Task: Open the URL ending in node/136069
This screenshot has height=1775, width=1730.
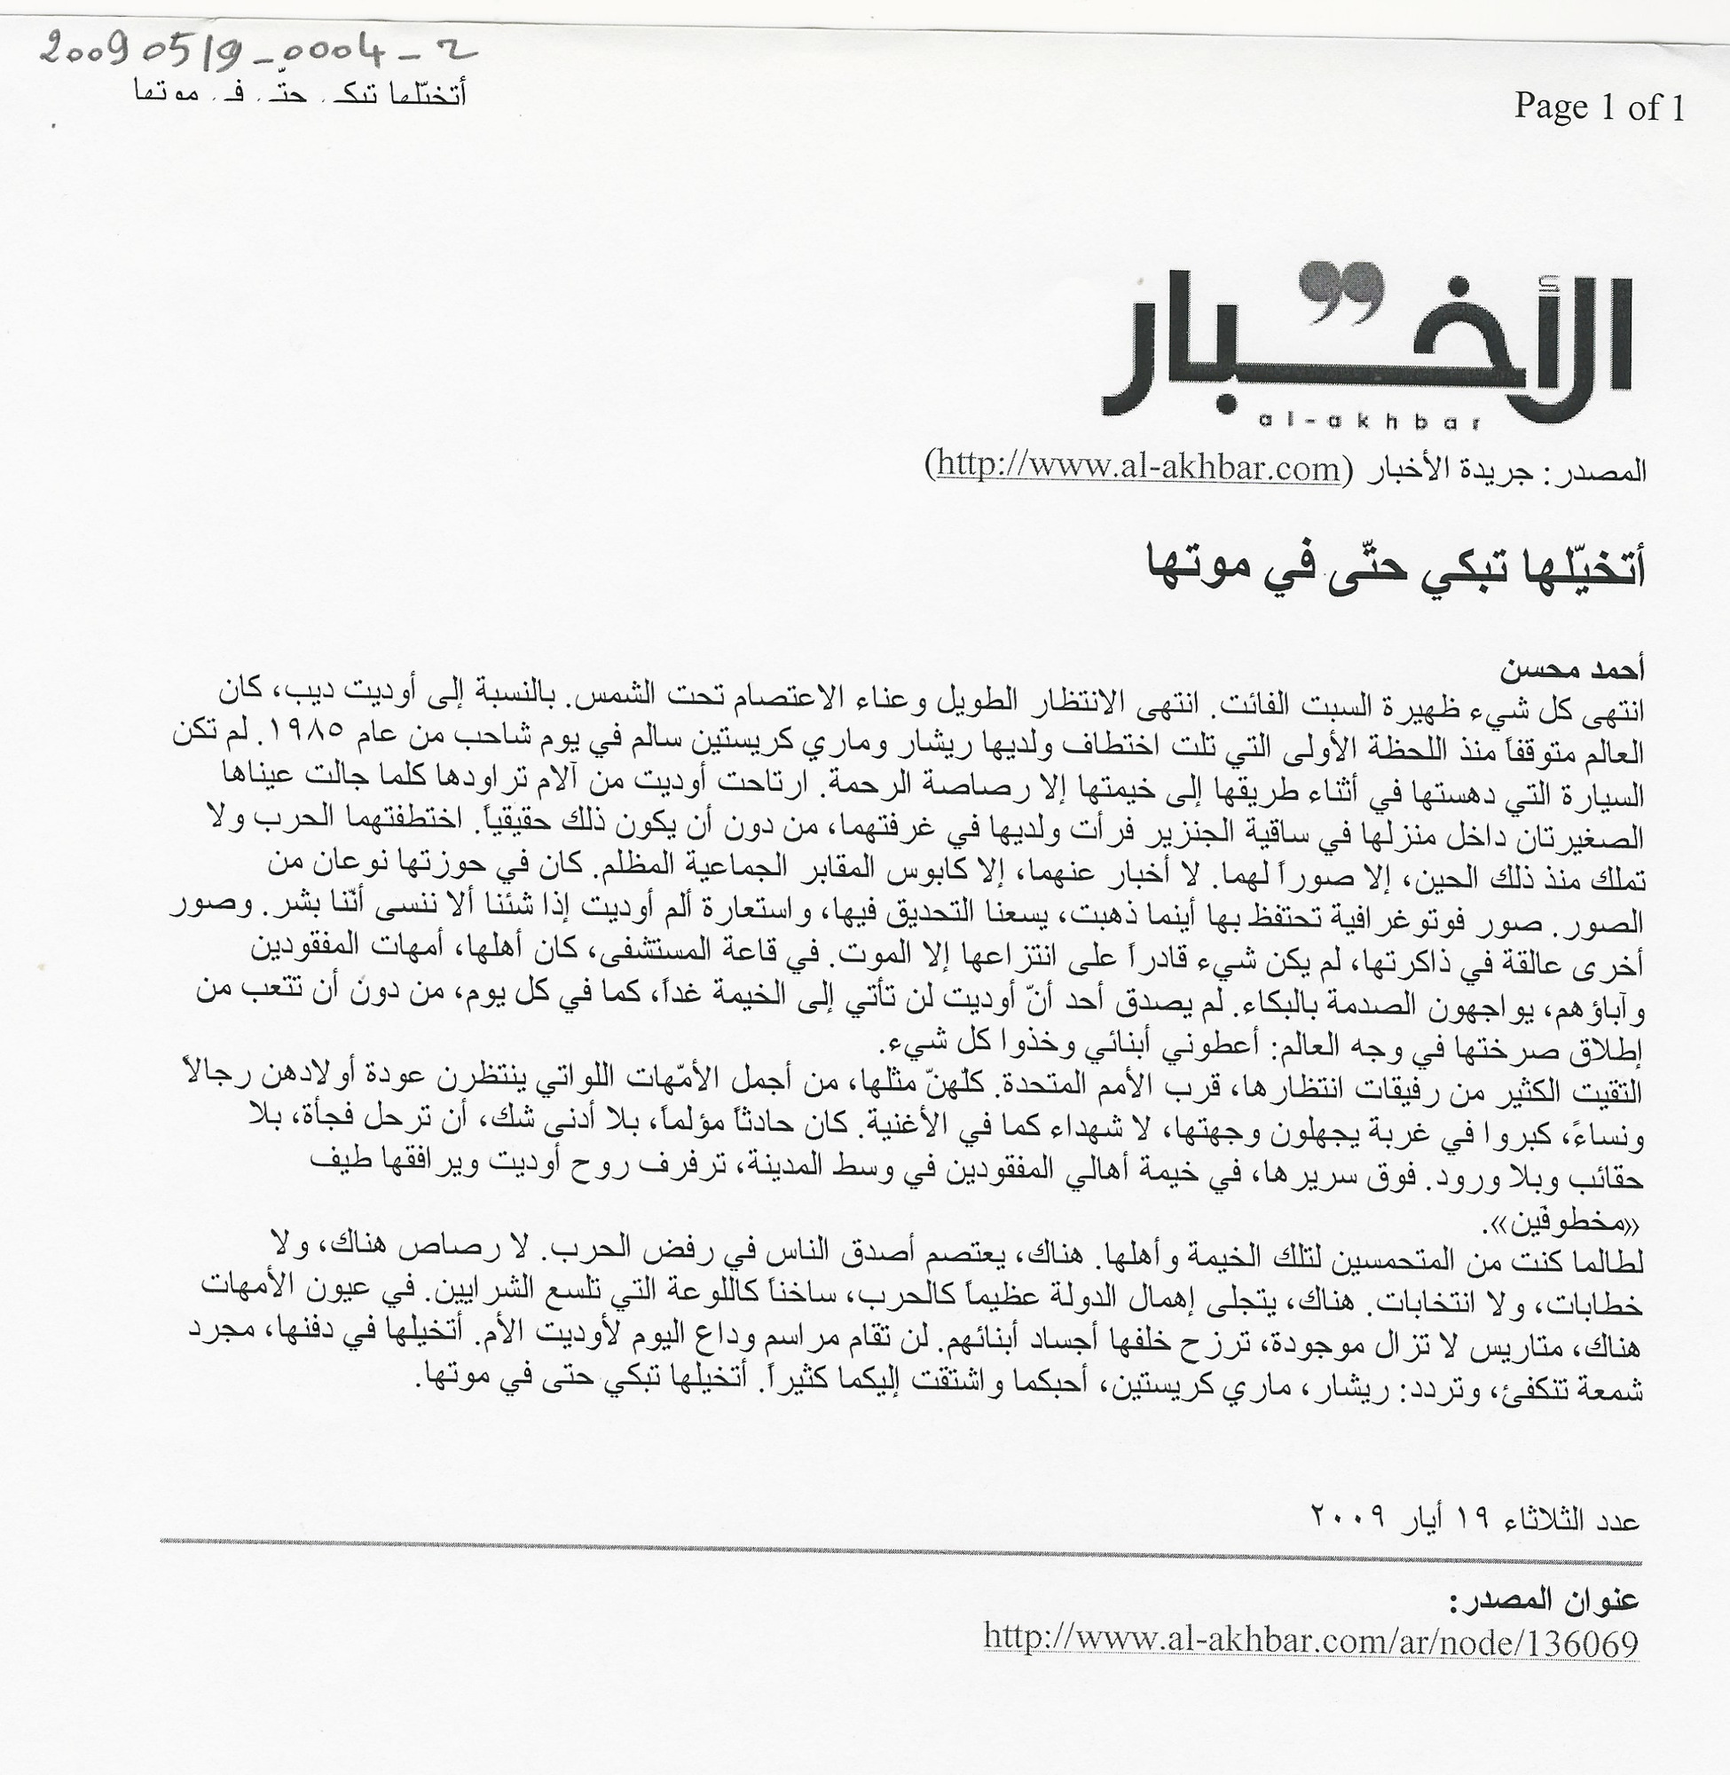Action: (1311, 1641)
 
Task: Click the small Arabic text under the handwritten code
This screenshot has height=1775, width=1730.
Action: (300, 93)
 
